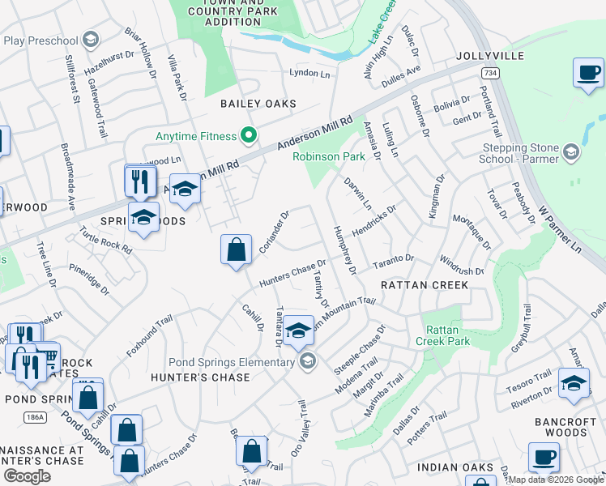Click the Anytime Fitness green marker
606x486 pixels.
250,135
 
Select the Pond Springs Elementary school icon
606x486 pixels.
306,361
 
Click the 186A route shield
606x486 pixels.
34,416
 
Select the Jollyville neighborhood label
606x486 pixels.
491,56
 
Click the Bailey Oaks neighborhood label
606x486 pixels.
258,104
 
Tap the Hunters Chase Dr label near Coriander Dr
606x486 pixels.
292,272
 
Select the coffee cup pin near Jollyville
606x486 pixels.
588,72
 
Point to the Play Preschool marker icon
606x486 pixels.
91,40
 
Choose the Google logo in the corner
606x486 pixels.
26,475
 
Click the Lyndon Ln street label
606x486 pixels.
310,73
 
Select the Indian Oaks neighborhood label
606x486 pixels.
455,467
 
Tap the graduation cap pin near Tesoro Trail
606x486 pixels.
574,383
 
